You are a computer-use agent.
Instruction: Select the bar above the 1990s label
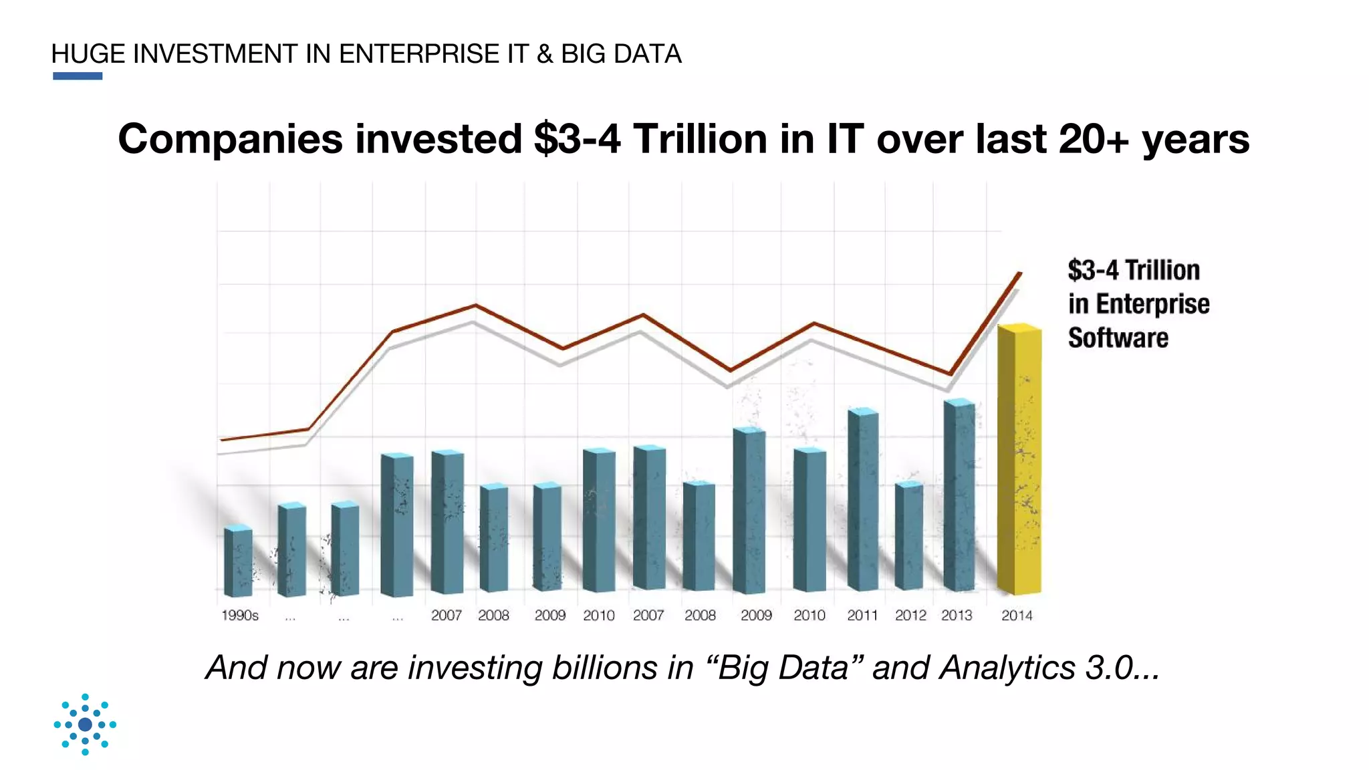(238, 561)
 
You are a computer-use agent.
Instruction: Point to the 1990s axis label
(239, 616)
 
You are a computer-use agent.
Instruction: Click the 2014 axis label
(1016, 616)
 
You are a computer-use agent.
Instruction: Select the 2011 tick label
(862, 616)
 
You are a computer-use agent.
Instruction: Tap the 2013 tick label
(957, 616)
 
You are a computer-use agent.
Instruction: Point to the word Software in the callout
(1118, 338)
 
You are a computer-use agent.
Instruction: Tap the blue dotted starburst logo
(85, 725)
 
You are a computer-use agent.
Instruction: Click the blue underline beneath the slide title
(78, 76)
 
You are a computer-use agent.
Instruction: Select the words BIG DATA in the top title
(621, 54)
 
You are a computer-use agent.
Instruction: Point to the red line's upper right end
(1020, 273)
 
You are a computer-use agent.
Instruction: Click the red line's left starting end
(222, 439)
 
